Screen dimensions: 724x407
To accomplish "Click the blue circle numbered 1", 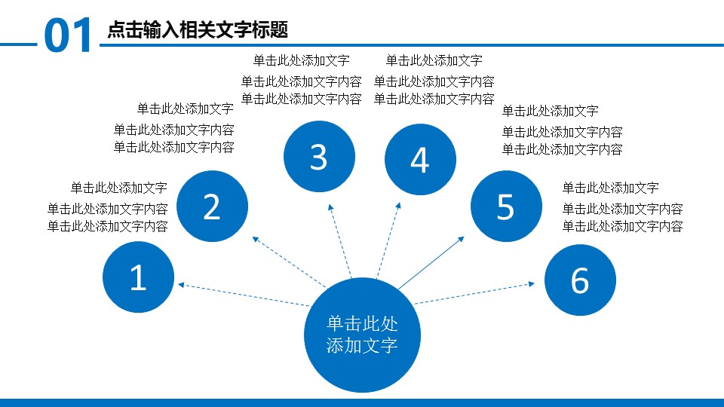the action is [139, 277].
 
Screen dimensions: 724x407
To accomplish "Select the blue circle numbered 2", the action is [213, 207].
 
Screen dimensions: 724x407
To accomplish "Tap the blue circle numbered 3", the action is [320, 157].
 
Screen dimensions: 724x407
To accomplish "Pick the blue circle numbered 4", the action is [420, 160].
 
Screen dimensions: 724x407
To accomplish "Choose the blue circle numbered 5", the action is [507, 207].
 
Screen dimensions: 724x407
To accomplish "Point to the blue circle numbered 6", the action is [581, 280].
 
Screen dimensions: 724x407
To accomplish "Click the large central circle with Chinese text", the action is [363, 335].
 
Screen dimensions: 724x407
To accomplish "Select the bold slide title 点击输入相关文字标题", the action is [198, 30].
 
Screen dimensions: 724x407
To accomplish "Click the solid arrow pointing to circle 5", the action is [431, 263].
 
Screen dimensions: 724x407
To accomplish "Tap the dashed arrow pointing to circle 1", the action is [244, 295].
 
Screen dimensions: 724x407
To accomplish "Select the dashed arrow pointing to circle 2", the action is [289, 262].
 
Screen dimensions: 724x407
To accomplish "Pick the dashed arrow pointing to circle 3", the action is [340, 241].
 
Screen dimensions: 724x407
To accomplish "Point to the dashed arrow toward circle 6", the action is [474, 293].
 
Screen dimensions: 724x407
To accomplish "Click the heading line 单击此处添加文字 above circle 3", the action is [302, 60].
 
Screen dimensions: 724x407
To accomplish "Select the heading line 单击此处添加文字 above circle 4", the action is [434, 60].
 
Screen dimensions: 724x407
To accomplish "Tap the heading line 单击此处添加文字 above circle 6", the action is [610, 188].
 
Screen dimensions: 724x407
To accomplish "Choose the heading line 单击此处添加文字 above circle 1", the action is [118, 188].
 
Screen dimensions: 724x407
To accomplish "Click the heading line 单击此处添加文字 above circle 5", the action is [551, 112].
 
